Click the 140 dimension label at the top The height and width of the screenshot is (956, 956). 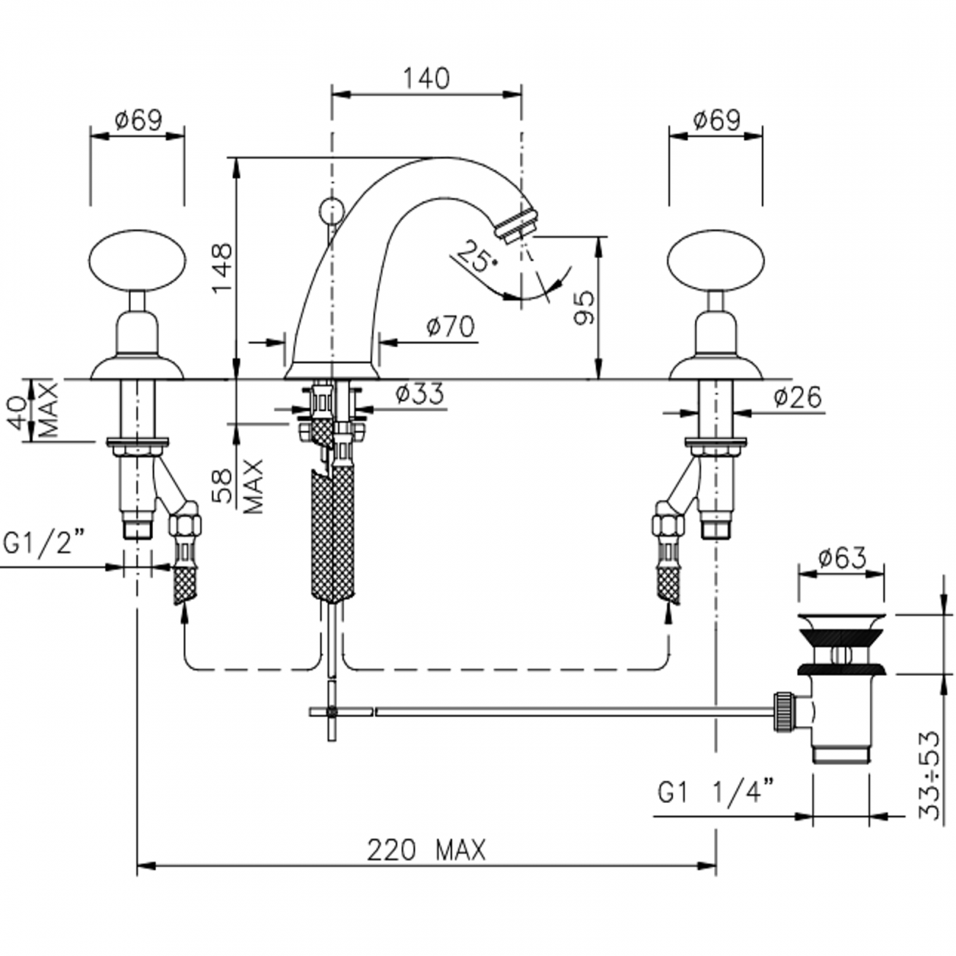427,78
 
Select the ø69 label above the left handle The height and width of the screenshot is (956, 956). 138,120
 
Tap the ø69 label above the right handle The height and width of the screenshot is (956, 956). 716,120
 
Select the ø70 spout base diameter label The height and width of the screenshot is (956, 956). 450,327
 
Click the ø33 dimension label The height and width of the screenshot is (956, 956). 419,394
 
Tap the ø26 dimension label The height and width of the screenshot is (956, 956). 797,397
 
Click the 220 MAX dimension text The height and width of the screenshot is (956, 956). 427,851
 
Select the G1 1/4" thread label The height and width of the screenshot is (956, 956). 716,794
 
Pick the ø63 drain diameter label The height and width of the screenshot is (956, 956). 841,558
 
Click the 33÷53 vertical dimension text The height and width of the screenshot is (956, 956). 931,774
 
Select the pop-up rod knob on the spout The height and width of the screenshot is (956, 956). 329,209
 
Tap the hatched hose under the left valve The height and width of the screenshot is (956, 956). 187,582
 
